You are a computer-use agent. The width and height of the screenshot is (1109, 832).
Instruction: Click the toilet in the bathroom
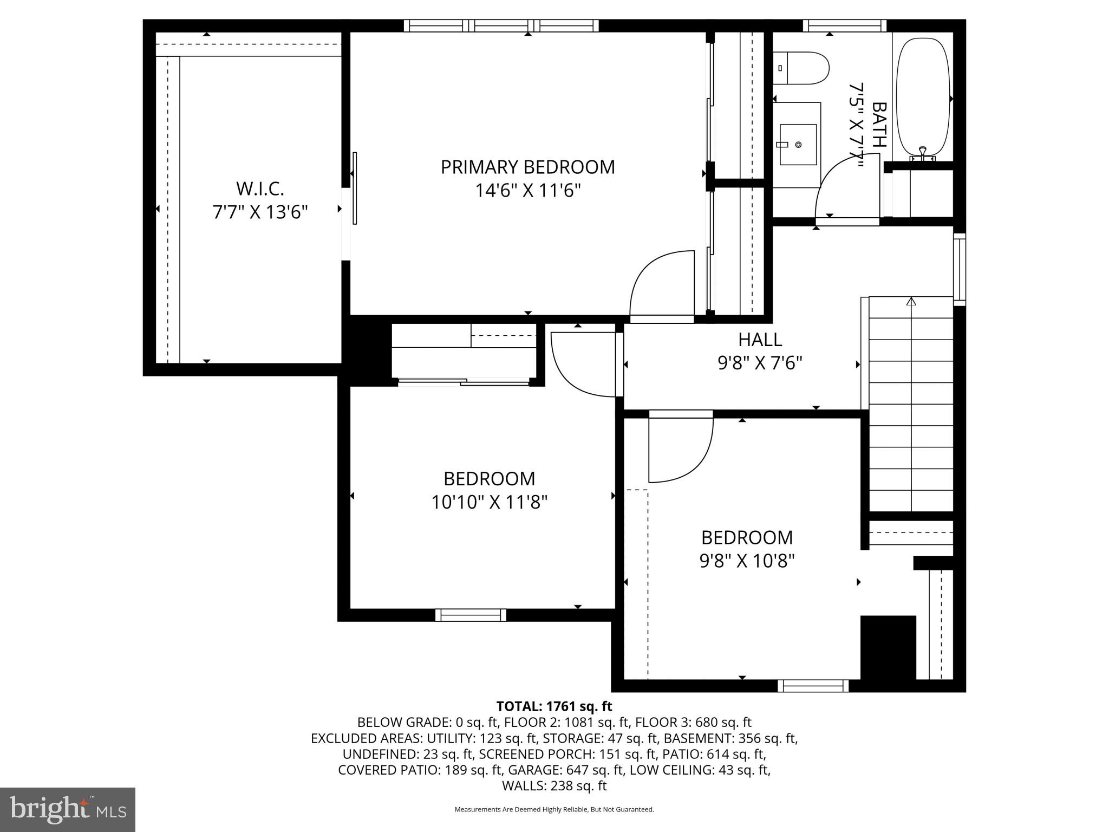tap(801, 68)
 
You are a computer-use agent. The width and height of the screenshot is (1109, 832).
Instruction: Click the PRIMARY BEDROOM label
tap(527, 167)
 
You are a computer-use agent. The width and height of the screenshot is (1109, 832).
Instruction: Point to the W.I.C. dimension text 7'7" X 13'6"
tap(260, 212)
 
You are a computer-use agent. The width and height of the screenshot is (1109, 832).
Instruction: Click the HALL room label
tap(760, 340)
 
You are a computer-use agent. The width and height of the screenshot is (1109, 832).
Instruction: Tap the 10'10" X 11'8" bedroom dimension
tap(489, 502)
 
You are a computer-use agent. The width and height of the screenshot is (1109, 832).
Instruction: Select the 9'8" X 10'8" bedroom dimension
tap(747, 561)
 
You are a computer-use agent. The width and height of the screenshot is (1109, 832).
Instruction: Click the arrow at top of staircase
tap(911, 301)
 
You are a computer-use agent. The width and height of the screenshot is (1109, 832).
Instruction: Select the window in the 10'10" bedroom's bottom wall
tap(471, 615)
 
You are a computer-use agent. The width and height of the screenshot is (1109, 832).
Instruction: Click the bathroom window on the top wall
tap(844, 25)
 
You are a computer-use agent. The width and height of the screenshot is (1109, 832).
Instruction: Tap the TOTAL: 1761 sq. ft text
tap(554, 706)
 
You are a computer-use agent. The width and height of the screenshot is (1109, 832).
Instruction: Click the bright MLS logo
tap(67, 809)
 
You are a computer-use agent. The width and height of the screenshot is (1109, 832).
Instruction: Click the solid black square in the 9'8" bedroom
tap(888, 647)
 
